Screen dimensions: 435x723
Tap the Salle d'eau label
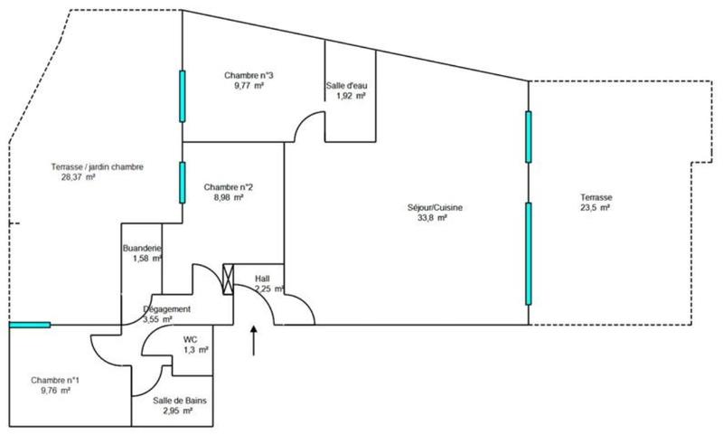tap(347, 86)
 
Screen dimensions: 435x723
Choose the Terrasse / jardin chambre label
tap(98, 166)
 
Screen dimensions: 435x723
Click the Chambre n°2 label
tap(228, 187)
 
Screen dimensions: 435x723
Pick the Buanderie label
tap(142, 248)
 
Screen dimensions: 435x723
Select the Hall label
tap(264, 279)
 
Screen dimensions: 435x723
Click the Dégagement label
tap(167, 308)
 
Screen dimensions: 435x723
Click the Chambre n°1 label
tap(55, 381)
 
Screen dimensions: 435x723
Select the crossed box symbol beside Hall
tap(228, 279)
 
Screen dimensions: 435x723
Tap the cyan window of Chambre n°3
tap(183, 96)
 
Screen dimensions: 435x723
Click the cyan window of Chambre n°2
tap(183, 181)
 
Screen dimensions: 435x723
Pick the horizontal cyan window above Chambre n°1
tap(30, 324)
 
